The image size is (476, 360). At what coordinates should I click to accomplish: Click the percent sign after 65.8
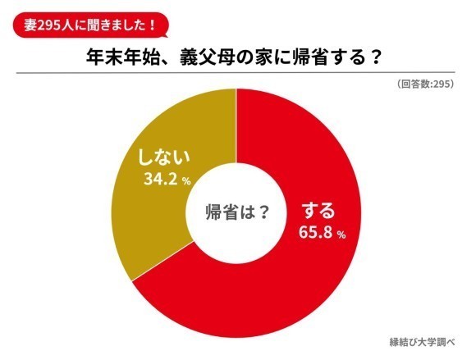coord(340,235)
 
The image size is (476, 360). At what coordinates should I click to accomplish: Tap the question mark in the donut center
coord(264,211)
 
